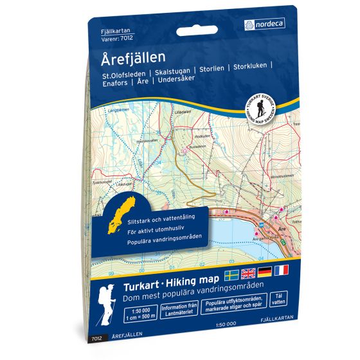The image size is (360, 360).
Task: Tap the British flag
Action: click(x=247, y=271)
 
